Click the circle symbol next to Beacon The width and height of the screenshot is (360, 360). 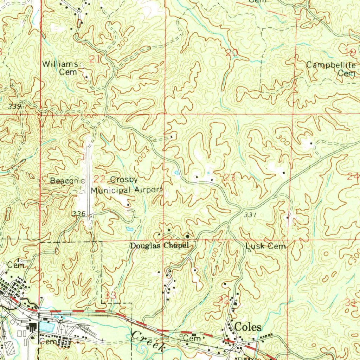click(83, 181)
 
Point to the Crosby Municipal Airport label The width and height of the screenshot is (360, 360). click(127, 185)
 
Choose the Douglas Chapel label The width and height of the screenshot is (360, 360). click(160, 246)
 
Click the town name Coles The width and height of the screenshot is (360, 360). click(248, 327)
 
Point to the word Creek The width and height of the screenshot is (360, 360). click(148, 340)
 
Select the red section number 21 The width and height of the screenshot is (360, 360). click(94, 59)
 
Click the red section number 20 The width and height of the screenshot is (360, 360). click(232, 53)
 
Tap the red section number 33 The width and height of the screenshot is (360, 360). click(111, 295)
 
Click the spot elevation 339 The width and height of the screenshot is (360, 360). click(16, 107)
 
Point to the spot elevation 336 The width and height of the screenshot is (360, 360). click(78, 214)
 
